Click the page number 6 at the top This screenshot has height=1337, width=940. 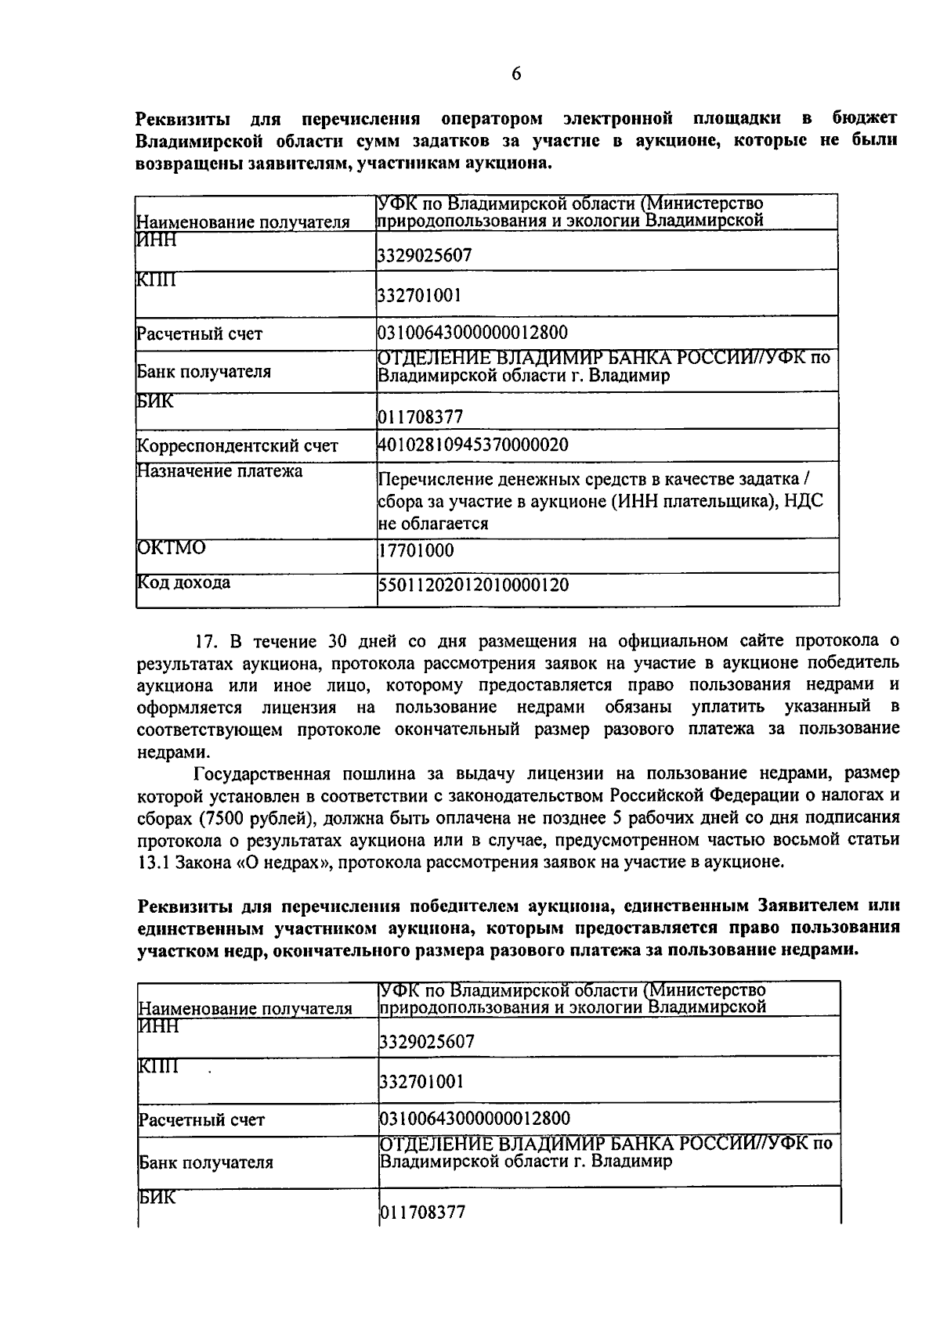point(515,74)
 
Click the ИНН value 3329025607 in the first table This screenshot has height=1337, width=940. point(425,255)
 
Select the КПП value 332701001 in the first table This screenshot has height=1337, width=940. point(419,295)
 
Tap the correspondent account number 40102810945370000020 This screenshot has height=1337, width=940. point(473,445)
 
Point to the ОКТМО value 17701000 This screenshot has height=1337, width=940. point(415,550)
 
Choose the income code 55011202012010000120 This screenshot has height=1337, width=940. point(473,585)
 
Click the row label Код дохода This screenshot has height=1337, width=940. point(184,582)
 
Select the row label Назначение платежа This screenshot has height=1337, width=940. point(220,471)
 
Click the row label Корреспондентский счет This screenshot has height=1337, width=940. point(237,446)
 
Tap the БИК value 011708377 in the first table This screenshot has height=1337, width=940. point(420,416)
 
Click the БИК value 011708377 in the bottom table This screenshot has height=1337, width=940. point(422,1213)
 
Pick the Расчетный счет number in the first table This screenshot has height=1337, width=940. point(472,333)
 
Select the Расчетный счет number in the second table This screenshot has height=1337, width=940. point(475,1118)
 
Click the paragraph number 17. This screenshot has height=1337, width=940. point(206,641)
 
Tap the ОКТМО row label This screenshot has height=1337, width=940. point(172,547)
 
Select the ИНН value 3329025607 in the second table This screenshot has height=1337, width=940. point(427,1042)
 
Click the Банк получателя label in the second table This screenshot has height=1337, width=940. point(206,1162)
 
